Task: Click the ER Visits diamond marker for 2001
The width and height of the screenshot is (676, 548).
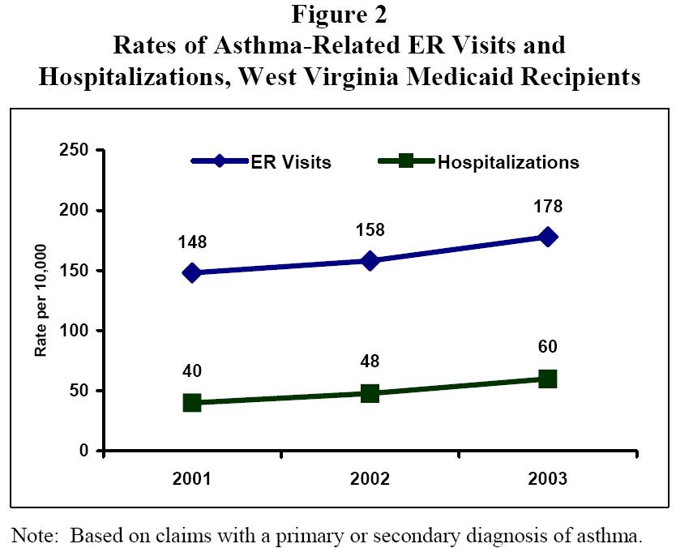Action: click(192, 272)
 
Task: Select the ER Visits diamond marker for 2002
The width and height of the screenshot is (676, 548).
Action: click(370, 261)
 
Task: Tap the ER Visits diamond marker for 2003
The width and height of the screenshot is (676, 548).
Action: click(548, 237)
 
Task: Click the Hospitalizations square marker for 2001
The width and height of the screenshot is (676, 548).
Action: click(192, 403)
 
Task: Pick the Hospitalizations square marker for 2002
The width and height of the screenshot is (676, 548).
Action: click(370, 393)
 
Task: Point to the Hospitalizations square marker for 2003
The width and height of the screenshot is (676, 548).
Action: click(548, 379)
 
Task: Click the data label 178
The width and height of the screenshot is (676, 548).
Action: click(548, 207)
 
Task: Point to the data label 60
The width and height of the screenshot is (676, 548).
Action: click(548, 348)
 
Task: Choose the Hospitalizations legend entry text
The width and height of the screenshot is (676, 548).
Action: click(508, 161)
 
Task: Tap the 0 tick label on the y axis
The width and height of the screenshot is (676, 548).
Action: click(83, 451)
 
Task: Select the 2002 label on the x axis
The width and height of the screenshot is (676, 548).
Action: click(370, 478)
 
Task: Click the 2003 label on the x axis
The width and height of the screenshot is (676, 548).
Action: click(548, 478)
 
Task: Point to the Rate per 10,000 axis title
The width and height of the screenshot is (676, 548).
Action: click(41, 301)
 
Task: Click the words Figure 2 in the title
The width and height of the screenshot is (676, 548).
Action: click(338, 15)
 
